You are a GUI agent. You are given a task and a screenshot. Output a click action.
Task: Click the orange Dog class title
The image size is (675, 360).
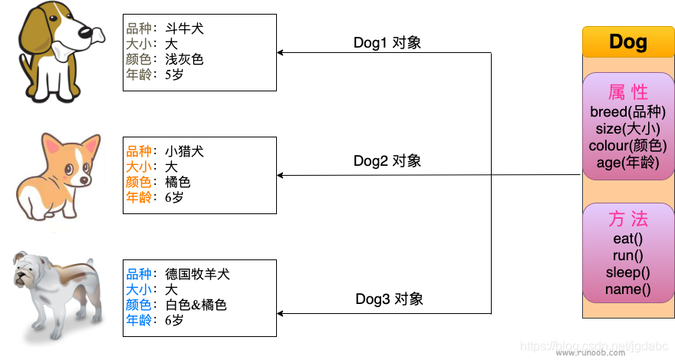tap(628, 42)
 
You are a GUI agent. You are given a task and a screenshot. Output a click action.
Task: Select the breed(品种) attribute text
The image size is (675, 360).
tap(628, 112)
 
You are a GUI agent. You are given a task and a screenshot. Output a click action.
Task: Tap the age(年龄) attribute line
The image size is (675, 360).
tap(628, 162)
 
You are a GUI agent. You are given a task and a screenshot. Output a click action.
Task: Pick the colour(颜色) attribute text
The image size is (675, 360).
tap(628, 145)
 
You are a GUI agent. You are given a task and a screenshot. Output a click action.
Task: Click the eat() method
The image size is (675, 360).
tap(628, 239)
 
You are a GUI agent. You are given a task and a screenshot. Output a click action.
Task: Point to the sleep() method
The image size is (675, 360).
tap(628, 272)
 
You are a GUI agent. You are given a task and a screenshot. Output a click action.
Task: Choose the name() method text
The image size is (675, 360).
tap(628, 289)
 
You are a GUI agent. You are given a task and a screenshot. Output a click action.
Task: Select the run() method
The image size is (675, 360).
tap(628, 256)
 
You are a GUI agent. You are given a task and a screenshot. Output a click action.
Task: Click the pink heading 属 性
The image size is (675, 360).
tap(628, 92)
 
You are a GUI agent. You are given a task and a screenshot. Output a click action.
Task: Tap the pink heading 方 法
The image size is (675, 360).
tap(628, 219)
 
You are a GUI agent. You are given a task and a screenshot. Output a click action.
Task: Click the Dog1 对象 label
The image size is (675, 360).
tap(387, 43)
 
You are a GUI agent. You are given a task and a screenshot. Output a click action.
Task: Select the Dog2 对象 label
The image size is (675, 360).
tap(387, 161)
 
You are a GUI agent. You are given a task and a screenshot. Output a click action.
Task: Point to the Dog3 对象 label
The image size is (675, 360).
tap(389, 299)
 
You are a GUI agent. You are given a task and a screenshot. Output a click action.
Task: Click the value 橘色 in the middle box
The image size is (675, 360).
tap(177, 182)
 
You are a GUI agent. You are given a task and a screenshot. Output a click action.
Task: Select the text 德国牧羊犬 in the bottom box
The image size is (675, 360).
tap(197, 274)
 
